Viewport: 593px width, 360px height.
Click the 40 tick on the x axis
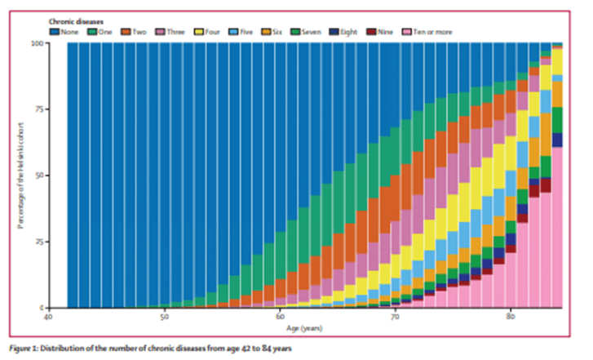(49, 317)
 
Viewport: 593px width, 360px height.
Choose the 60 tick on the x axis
(279, 317)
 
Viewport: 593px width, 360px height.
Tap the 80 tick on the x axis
(510, 317)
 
